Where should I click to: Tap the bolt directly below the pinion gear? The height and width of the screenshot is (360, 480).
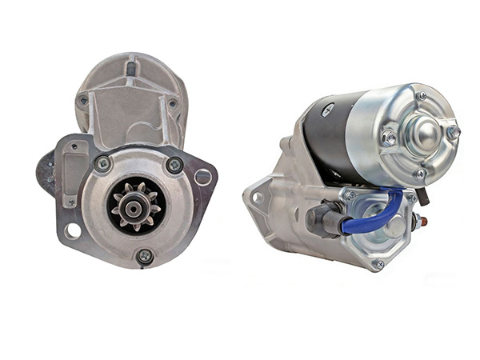tap(144, 256)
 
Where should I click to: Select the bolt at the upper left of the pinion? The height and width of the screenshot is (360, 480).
tap(102, 163)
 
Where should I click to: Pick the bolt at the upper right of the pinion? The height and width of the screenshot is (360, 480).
tap(174, 165)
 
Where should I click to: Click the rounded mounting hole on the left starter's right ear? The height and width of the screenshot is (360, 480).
tap(204, 177)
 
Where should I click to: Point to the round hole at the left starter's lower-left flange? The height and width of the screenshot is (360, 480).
tap(74, 231)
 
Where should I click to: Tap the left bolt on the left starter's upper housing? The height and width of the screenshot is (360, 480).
tap(83, 100)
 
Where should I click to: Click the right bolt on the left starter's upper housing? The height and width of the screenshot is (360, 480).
tap(172, 103)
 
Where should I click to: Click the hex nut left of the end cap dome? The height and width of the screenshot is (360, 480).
tap(389, 138)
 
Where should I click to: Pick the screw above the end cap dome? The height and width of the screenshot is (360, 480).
tap(421, 96)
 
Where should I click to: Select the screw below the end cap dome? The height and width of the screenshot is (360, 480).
tap(420, 173)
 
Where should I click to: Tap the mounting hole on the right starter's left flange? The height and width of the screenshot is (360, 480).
tap(258, 197)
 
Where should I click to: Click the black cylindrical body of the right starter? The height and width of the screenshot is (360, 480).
tap(328, 136)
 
